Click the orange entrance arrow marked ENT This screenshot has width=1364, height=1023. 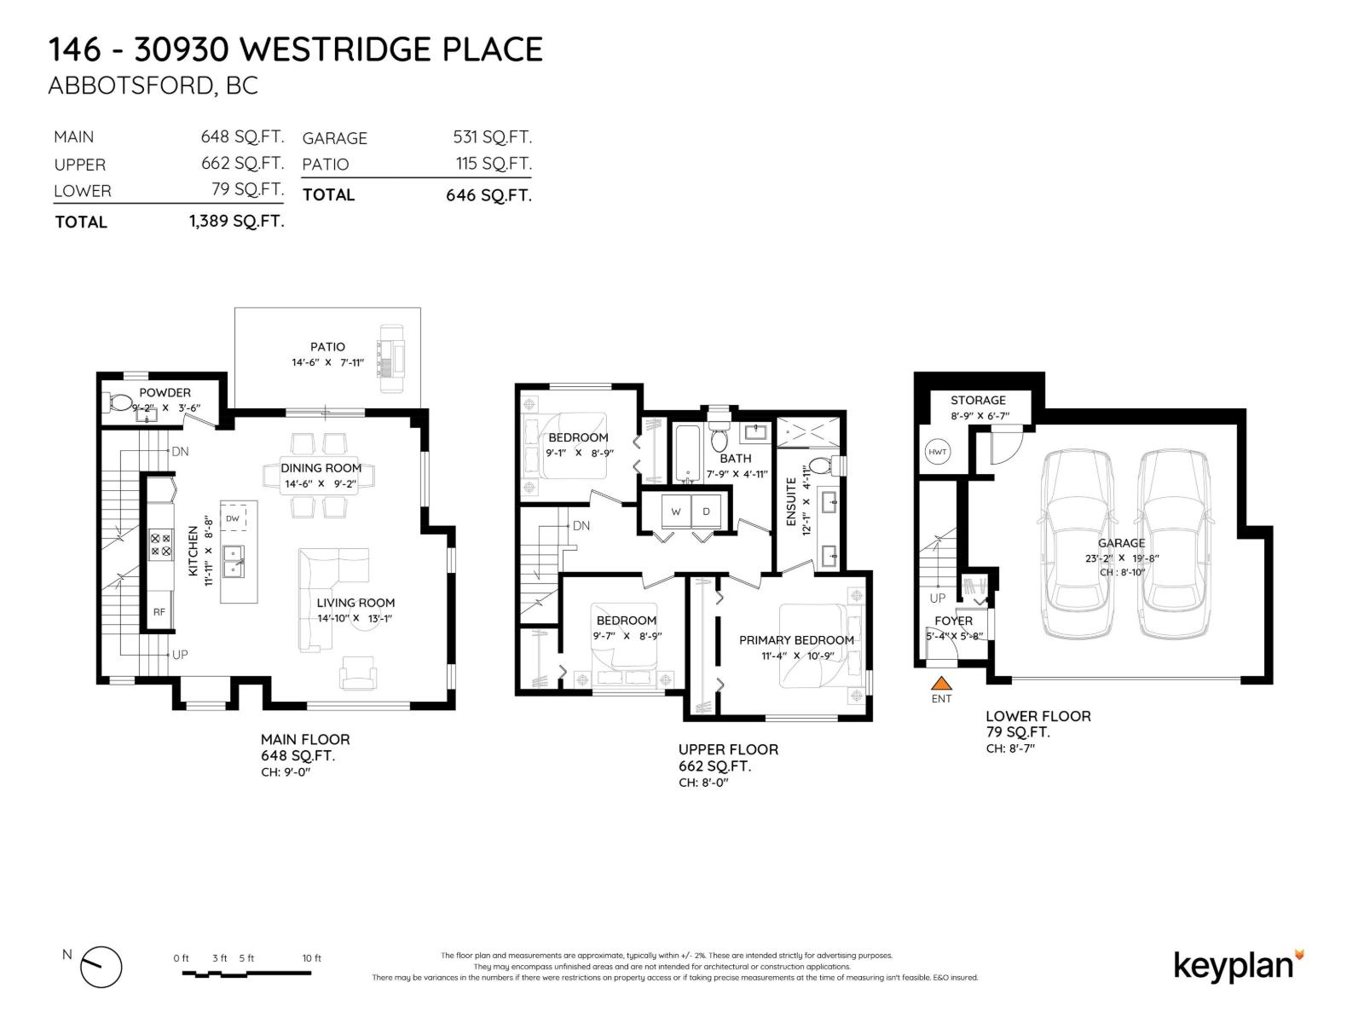pos(940,683)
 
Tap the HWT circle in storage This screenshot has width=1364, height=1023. pos(937,452)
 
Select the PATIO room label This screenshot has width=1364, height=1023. pos(327,347)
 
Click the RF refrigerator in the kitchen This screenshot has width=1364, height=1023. pos(159,611)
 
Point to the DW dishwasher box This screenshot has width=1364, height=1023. pos(233,518)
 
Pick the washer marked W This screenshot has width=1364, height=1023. pos(676,511)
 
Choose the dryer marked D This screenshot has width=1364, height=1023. pos(706,511)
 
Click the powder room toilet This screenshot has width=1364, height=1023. pos(119,402)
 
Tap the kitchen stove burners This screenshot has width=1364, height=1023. pos(160,545)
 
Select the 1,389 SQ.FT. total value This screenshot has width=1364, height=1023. pos(236,222)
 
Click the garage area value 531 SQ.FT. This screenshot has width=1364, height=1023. pos(492,137)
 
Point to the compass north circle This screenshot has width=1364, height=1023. pos(101,968)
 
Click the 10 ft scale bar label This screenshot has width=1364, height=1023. pos(312,958)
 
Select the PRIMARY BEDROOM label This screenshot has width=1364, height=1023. pos(796,640)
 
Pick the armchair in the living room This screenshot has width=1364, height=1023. pos(357,673)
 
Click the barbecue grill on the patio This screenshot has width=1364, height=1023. pos(392,358)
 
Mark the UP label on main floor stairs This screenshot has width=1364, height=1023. pos(180,655)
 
